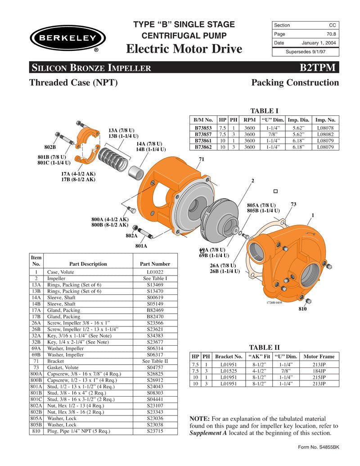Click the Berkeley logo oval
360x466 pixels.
pyautogui.click(x=67, y=38)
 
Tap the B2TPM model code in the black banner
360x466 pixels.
pyautogui.click(x=317, y=68)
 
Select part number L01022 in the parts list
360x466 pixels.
pyautogui.click(x=155, y=272)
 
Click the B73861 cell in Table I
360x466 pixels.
pyautogui.click(x=203, y=140)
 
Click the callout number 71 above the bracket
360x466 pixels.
pyautogui.click(x=201, y=160)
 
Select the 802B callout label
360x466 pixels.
pyautogui.click(x=50, y=148)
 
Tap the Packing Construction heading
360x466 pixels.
pyautogui.click(x=295, y=83)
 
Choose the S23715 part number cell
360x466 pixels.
pyautogui.click(x=155, y=431)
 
